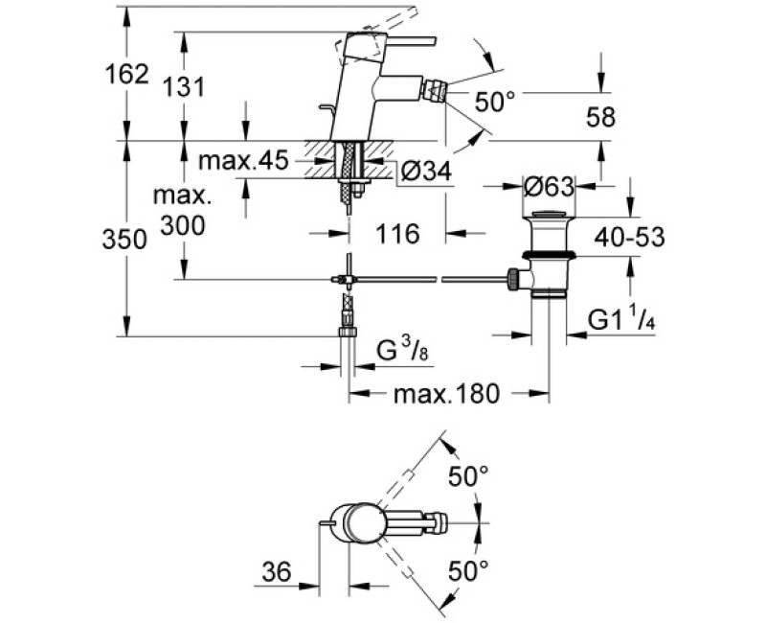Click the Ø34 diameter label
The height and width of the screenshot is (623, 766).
tap(425, 172)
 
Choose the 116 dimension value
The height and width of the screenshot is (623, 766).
tap(397, 233)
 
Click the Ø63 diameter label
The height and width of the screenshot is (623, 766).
tap(549, 184)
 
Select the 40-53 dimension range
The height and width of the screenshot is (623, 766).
tap(629, 236)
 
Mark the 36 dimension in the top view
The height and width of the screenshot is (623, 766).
tap(277, 572)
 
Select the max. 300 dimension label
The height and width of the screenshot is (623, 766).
tap(182, 211)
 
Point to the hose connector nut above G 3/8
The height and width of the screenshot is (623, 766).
tap(348, 333)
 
